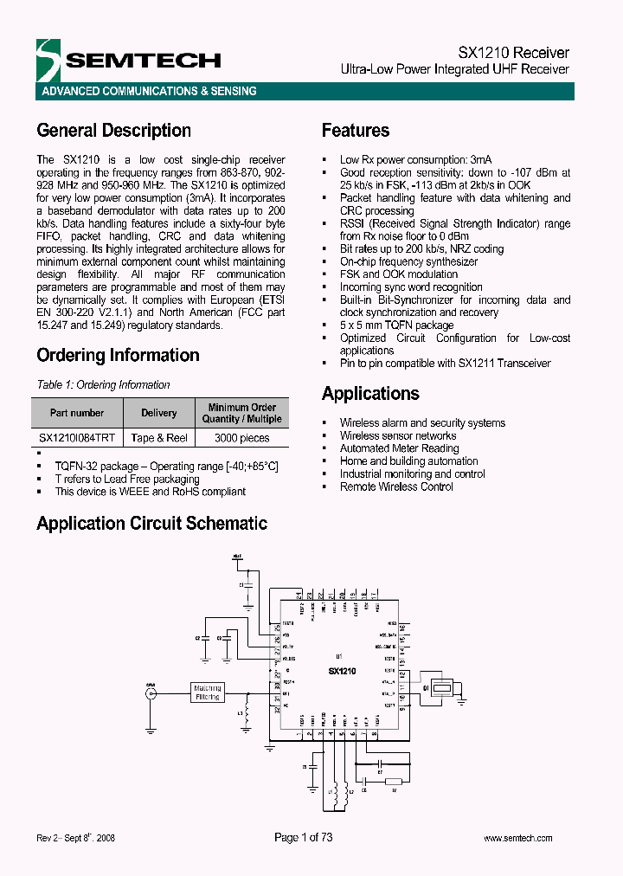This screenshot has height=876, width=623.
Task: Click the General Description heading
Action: tap(113, 131)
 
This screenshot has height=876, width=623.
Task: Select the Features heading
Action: tap(355, 131)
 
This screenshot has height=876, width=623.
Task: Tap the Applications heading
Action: tap(370, 394)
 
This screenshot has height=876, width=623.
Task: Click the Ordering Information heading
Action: tap(118, 355)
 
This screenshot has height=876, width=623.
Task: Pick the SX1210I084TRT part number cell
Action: tap(77, 438)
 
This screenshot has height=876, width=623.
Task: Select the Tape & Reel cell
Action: tap(159, 438)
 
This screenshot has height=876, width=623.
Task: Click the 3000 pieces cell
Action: tap(242, 438)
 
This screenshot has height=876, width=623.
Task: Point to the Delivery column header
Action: tap(159, 413)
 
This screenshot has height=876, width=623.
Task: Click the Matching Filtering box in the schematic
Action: tap(208, 692)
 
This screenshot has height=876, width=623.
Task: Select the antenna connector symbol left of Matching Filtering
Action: tap(151, 692)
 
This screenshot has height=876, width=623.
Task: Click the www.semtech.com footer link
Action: tap(517, 838)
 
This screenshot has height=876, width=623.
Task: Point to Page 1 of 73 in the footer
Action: tap(303, 837)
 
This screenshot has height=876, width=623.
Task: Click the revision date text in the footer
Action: tap(76, 838)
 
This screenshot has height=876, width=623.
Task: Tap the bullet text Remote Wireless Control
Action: tap(396, 486)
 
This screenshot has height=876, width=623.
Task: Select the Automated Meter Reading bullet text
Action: tap(399, 448)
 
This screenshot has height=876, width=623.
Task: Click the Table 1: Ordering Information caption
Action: tap(103, 384)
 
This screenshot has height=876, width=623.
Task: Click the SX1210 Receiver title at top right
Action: tap(513, 53)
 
